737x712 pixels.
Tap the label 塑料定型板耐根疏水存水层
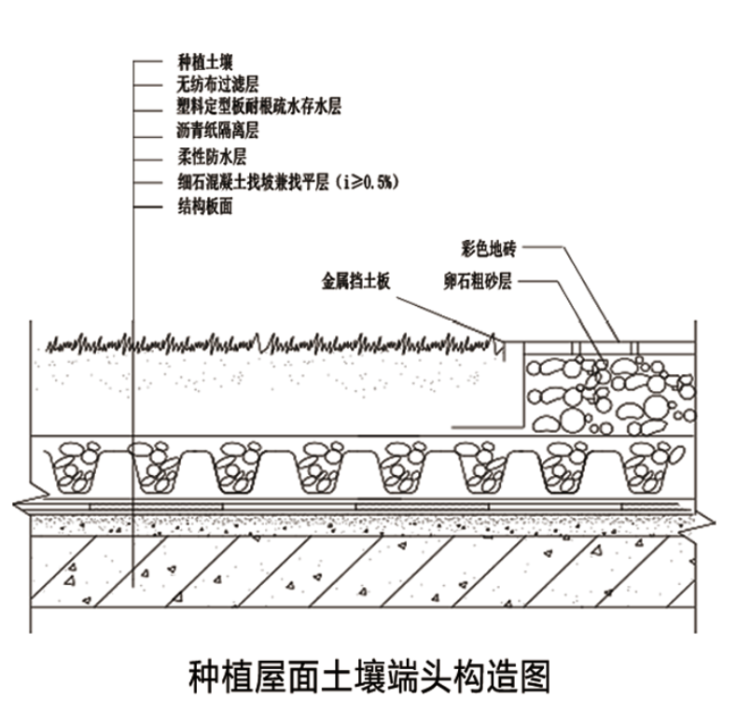coord(258,107)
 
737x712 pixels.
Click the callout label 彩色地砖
coord(488,247)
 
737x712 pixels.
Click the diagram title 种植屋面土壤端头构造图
coord(368,676)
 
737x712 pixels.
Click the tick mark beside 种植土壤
coord(147,63)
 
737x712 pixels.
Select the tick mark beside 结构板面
coord(147,207)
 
